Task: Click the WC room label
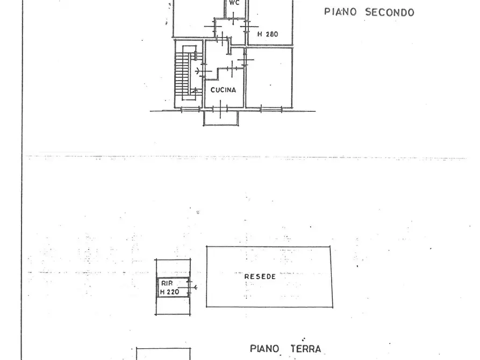(233, 3)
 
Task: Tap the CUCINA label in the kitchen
(223, 90)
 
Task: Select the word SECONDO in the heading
(390, 12)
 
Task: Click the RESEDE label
(260, 277)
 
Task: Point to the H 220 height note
(169, 292)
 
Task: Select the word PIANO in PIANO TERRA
(264, 349)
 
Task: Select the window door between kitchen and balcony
(223, 110)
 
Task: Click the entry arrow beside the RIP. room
(194, 287)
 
